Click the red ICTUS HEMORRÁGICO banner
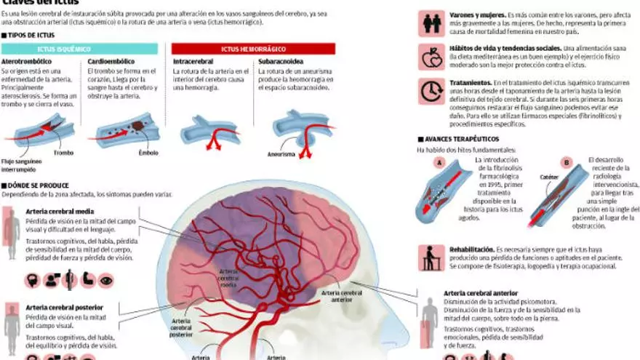[x=253, y=49]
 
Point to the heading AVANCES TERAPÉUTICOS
[x=458, y=138]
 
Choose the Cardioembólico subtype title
[x=110, y=63]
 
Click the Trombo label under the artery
[x=63, y=153]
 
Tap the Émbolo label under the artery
[x=148, y=153]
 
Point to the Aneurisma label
[x=281, y=154]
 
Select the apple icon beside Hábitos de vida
[x=431, y=57]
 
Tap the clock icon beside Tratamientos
[x=431, y=91]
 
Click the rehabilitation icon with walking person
[x=431, y=257]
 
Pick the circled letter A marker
[x=439, y=162]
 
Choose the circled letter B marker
[x=548, y=162]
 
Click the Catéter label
[x=529, y=177]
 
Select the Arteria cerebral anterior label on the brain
[x=341, y=295]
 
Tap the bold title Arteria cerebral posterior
[x=64, y=308]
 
